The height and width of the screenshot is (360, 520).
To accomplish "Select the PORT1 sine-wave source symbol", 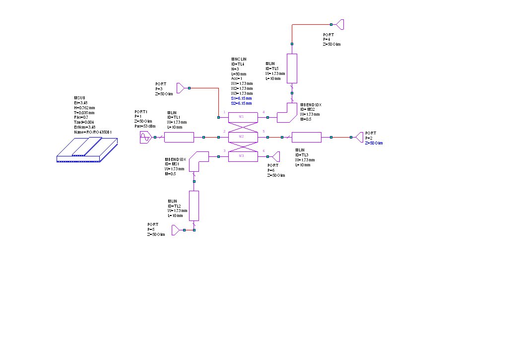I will [x=146, y=137].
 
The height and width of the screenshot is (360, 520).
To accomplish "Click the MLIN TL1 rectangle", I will [x=179, y=137].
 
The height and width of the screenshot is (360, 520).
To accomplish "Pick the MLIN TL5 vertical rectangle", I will [x=292, y=69].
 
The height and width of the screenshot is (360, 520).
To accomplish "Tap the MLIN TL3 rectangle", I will [x=307, y=137].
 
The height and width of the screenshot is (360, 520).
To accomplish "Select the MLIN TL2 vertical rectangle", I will [x=194, y=206].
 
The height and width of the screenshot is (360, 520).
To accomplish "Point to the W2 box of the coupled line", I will [x=242, y=137].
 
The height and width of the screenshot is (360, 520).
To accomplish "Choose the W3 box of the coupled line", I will [x=242, y=156].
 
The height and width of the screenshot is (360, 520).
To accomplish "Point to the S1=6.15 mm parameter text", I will [x=241, y=98].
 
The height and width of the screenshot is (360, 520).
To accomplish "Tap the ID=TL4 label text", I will [x=239, y=64].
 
